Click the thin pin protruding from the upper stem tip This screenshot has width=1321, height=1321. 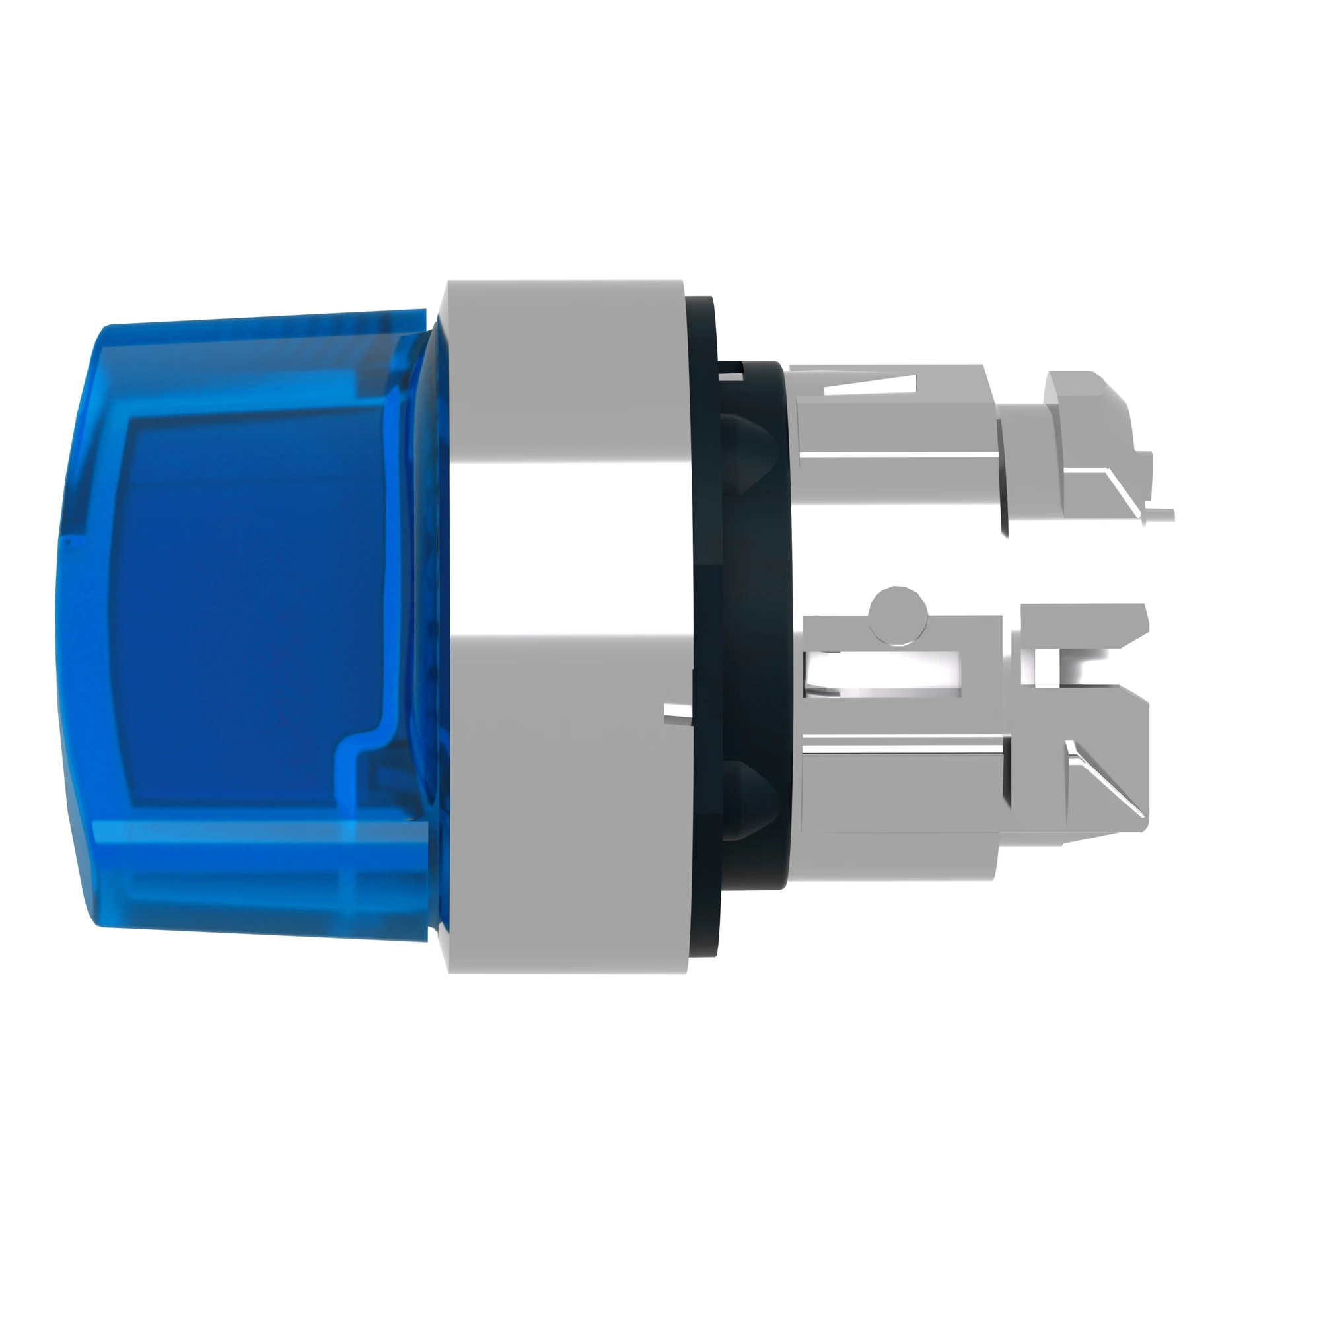[1159, 513]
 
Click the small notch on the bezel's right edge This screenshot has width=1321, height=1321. [677, 714]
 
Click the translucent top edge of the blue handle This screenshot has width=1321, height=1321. [260, 322]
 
